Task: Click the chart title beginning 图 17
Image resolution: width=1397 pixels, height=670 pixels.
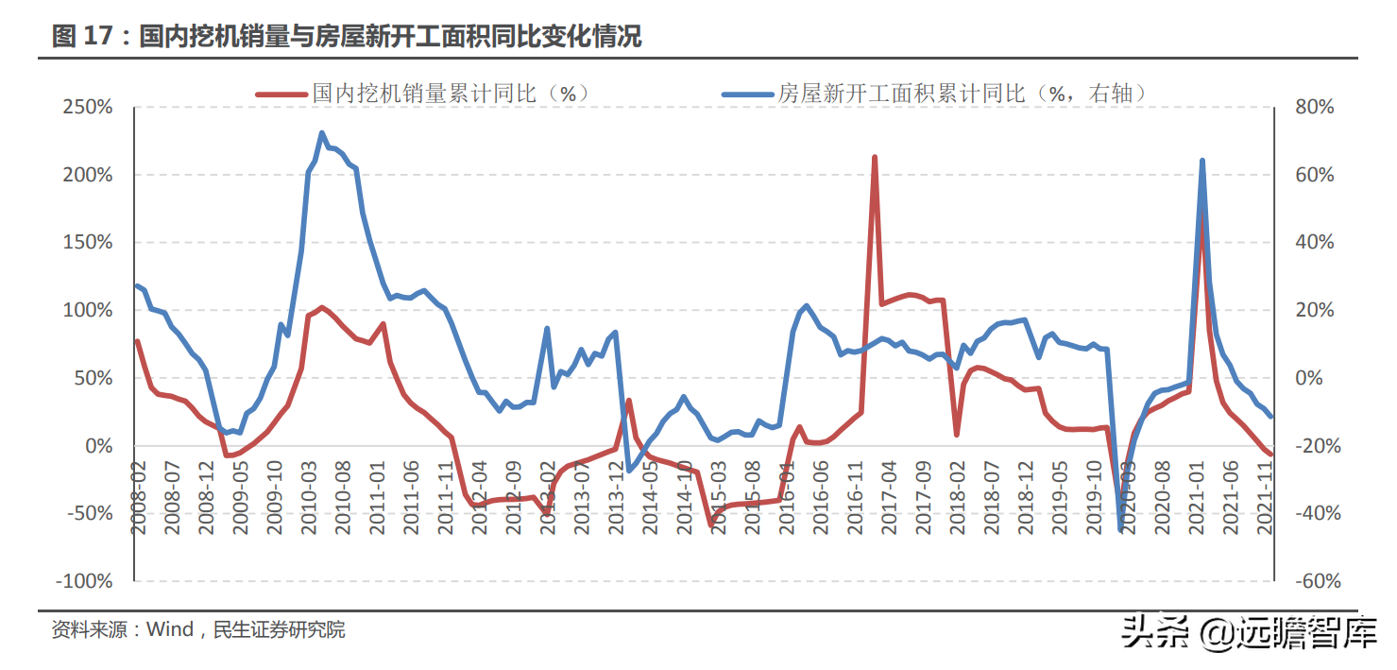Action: pos(347,37)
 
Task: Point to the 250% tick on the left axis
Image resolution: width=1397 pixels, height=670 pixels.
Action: pos(87,108)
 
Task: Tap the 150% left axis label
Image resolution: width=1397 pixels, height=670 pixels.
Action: pos(87,243)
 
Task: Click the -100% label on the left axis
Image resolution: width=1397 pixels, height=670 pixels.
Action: pos(85,581)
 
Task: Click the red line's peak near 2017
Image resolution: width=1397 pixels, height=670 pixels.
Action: pos(875,158)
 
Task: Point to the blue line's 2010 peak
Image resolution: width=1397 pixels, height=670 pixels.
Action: pos(322,133)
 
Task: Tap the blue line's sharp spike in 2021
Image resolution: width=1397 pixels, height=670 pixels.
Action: pos(1201,161)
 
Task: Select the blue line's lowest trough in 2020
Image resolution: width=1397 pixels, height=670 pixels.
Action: pos(1121,529)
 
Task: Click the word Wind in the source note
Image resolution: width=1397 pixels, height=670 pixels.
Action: pos(170,629)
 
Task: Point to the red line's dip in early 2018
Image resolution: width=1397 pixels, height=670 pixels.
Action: pos(957,435)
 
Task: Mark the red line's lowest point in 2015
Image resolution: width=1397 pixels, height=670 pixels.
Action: pos(711,525)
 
